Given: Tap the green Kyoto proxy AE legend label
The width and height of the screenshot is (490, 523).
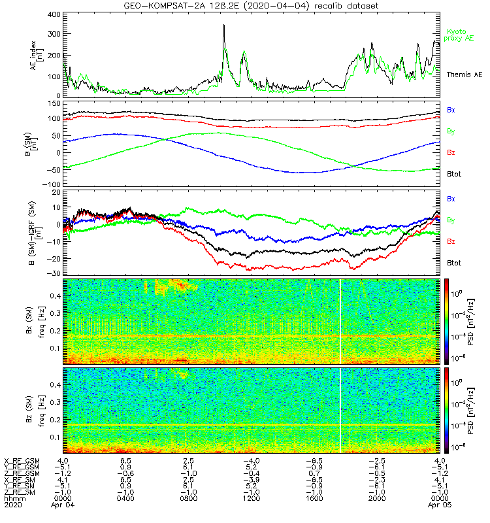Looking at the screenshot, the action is (x=459, y=35).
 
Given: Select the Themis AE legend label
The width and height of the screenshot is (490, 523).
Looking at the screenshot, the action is (x=465, y=75).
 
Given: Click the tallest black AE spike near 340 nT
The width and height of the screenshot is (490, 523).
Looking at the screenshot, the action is (x=224, y=25).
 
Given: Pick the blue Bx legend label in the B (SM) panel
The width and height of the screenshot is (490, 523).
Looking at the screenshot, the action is (x=451, y=110).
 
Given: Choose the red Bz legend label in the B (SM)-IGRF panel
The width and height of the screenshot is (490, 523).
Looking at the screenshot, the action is (x=451, y=241).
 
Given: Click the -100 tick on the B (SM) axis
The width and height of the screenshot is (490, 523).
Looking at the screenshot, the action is (x=52, y=184).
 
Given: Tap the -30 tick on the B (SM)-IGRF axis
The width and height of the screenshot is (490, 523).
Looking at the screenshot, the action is (x=54, y=273).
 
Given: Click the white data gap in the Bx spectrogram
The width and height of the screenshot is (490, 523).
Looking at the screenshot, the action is (x=340, y=322).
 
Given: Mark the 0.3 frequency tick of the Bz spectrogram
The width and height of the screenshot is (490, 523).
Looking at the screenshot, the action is (x=56, y=402).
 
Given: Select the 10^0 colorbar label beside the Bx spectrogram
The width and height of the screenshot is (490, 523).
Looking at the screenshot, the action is (x=456, y=294).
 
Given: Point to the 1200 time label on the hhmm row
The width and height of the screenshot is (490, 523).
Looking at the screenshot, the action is (x=252, y=498).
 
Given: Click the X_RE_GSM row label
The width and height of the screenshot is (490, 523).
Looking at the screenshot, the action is (x=22, y=461).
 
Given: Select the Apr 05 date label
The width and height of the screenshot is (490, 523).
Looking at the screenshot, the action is (x=440, y=505).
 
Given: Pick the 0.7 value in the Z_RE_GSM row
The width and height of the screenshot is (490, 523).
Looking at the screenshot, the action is (x=314, y=473).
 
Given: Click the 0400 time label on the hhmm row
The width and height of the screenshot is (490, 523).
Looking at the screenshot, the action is (x=125, y=498).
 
